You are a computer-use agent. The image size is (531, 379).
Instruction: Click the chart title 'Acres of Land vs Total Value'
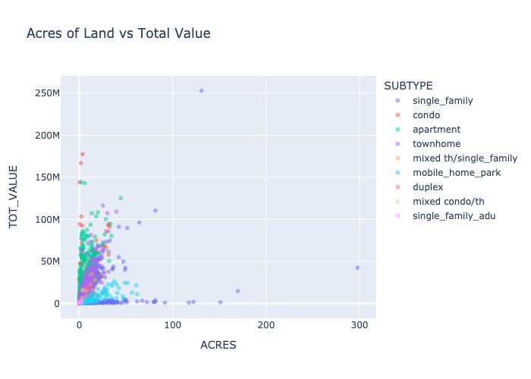(118, 33)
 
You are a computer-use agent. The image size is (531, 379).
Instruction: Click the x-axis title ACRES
(218, 345)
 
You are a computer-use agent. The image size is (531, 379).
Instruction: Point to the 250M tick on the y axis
(46, 93)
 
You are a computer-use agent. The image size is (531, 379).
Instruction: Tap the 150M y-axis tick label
(46, 177)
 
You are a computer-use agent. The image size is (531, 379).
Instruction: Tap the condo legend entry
(426, 115)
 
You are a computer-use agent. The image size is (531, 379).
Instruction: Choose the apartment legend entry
(436, 130)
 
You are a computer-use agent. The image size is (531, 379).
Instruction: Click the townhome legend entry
(436, 144)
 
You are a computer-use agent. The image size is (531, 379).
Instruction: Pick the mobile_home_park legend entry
(453, 173)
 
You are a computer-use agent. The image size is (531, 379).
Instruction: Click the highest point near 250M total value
(201, 91)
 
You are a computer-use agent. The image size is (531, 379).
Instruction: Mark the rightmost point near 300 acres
(357, 268)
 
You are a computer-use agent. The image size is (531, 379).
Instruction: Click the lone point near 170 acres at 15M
(237, 291)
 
